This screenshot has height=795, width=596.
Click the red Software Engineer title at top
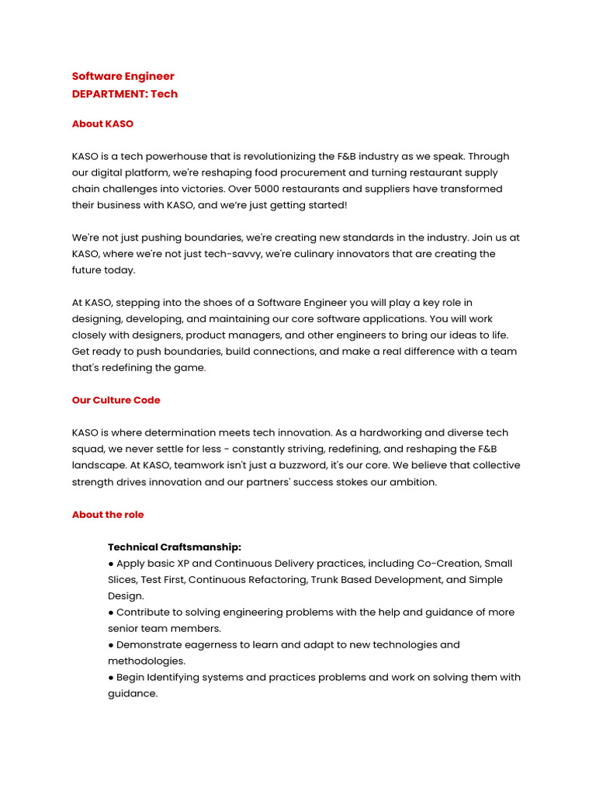coord(123,76)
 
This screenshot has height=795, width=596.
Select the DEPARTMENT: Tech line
coord(124,94)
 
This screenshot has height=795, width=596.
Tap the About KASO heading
coord(102,123)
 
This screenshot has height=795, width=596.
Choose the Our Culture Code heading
coord(116,400)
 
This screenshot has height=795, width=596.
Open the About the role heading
coord(108,514)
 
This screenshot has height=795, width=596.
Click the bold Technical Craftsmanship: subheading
coord(175,547)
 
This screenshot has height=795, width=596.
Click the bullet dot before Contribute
coord(111,613)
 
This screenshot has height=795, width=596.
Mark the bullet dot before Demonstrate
coord(111,645)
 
